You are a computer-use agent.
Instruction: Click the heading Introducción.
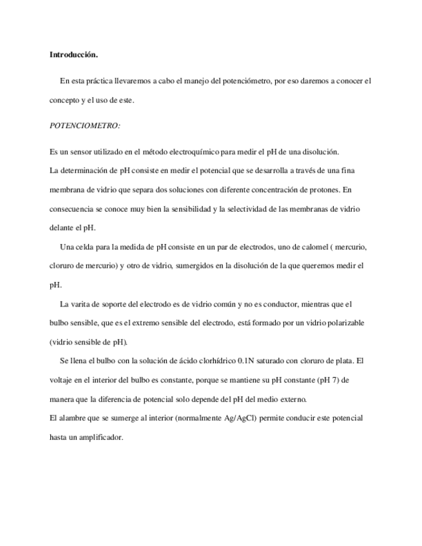(73, 55)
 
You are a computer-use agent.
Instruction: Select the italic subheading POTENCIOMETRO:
(84, 126)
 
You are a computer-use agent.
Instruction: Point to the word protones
(323, 190)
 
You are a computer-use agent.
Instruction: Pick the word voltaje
(62, 380)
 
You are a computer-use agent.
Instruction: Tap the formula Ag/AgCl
(238, 418)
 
